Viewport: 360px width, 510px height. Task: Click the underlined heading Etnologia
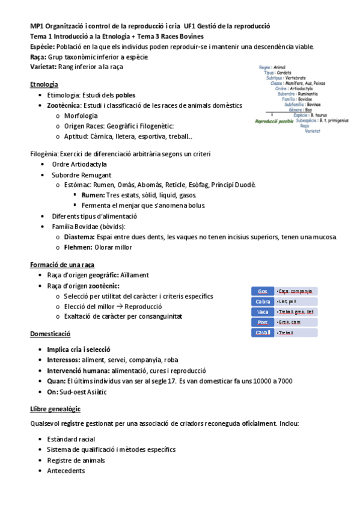click(44, 84)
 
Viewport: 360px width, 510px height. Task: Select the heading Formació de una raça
click(62, 265)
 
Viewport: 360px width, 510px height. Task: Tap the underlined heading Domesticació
click(50, 334)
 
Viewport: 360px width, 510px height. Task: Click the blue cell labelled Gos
click(263, 291)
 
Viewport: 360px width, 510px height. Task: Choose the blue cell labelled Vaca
click(263, 312)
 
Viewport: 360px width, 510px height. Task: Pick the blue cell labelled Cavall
click(263, 333)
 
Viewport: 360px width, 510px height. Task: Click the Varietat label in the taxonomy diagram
click(312, 131)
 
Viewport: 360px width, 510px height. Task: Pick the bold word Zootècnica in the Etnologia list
click(67, 105)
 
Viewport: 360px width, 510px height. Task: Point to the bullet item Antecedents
click(66, 471)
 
